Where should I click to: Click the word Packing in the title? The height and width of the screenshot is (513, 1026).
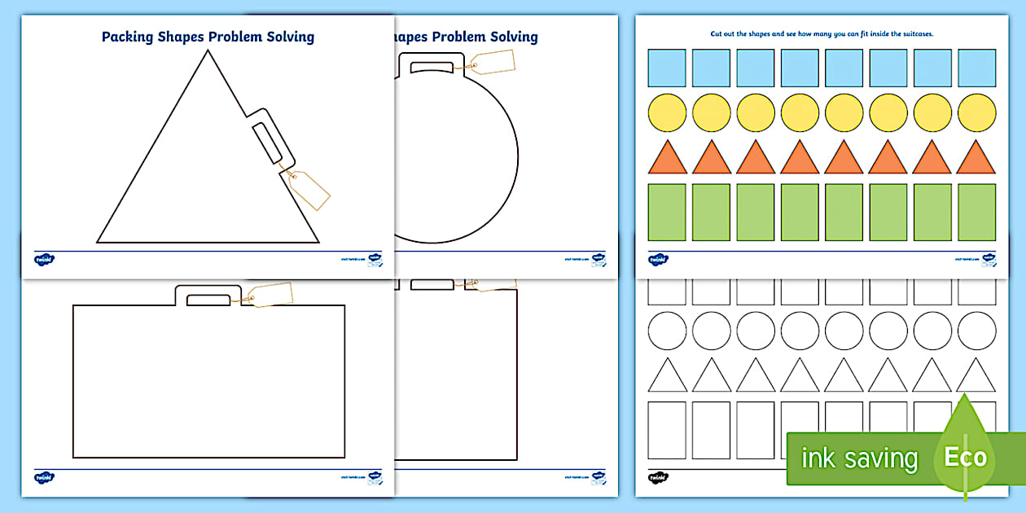point(128,37)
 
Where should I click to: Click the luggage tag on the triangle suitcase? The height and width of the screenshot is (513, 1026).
point(309,191)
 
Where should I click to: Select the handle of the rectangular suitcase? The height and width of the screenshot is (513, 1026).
point(208,296)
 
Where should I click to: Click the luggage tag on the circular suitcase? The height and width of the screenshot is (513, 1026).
point(493,63)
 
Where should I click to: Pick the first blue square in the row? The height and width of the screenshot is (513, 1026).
point(667,68)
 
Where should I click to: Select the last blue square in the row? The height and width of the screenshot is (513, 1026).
point(976,68)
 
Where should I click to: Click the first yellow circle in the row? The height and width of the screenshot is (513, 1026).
point(667,112)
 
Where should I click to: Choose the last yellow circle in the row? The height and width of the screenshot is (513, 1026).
point(976,112)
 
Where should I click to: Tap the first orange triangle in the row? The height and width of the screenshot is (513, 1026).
point(667,159)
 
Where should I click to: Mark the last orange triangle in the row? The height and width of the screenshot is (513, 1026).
point(976,159)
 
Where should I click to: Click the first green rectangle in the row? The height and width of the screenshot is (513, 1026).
point(667,213)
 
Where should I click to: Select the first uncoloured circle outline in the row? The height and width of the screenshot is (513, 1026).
point(667,331)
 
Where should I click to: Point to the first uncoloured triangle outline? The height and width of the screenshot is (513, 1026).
point(667,377)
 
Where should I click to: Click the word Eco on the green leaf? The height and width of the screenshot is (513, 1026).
point(966,457)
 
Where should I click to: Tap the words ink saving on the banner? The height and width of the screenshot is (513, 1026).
point(859,458)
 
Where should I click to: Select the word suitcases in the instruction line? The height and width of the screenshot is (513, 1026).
point(912,34)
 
